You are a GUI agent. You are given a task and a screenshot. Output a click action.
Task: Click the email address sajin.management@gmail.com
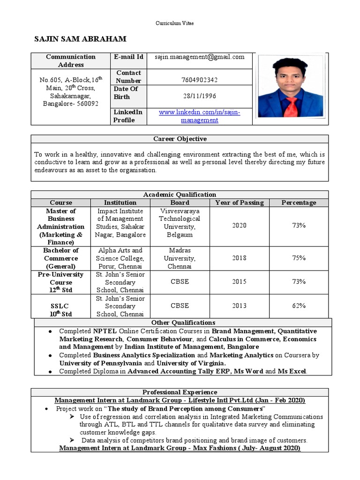[200, 57]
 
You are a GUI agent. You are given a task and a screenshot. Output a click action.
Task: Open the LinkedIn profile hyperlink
[199, 116]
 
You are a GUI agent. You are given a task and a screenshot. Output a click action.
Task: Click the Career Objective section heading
[180, 139]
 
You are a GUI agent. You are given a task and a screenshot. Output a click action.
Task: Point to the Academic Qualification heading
[180, 195]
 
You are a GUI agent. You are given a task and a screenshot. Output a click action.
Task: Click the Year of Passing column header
[239, 202]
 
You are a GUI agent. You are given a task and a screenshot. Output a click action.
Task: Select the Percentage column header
[299, 202]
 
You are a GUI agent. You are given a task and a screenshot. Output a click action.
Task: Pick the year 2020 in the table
[239, 225]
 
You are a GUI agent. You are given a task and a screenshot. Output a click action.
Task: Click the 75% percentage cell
[299, 258]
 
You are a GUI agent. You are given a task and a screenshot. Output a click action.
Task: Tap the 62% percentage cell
[299, 306]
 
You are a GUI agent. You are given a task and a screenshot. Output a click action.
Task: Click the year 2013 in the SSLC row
[239, 306]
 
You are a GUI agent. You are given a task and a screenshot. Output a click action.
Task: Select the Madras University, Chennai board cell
[180, 258]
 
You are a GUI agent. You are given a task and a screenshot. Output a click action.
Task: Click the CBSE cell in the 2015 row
[180, 282]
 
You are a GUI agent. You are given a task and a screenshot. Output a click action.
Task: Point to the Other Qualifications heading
[183, 322]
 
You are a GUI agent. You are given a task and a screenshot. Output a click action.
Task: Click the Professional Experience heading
[180, 392]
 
